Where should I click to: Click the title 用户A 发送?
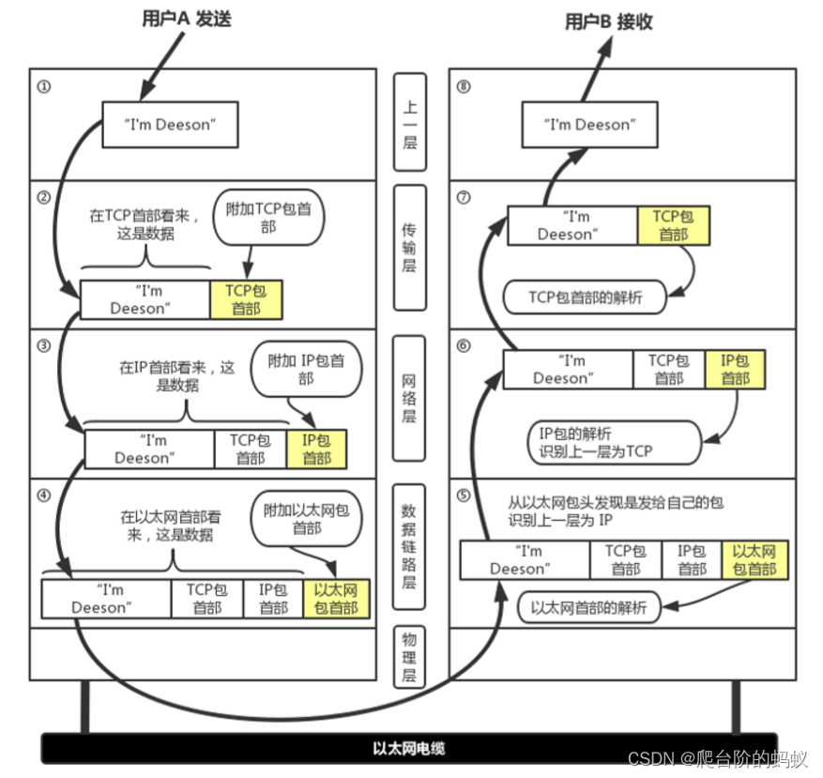pos(187,19)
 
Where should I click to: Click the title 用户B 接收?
pos(608,22)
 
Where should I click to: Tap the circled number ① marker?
pos(44,86)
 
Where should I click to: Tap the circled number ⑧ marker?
pos(464,86)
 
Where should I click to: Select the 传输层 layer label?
pos(410,247)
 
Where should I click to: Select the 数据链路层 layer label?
pos(409,546)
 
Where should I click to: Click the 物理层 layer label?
pos(409,657)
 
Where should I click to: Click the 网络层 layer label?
pos(409,399)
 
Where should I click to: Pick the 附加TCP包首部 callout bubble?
pos(268,218)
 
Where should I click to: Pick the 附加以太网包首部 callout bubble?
pos(307,519)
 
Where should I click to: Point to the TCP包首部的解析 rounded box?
pos(585,297)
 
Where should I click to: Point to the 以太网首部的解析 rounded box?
pos(588,607)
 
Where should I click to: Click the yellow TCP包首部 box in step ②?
pos(246,299)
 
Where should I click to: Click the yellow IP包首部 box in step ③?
pos(316,449)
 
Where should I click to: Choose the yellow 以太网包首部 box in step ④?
pos(336,599)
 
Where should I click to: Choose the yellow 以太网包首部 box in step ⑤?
pos(754,560)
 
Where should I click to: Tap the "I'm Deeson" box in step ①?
pos(170,125)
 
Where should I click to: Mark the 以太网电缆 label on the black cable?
pos(409,748)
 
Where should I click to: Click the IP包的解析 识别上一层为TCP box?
pos(614,443)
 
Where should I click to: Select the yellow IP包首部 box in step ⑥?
pos(735,370)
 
